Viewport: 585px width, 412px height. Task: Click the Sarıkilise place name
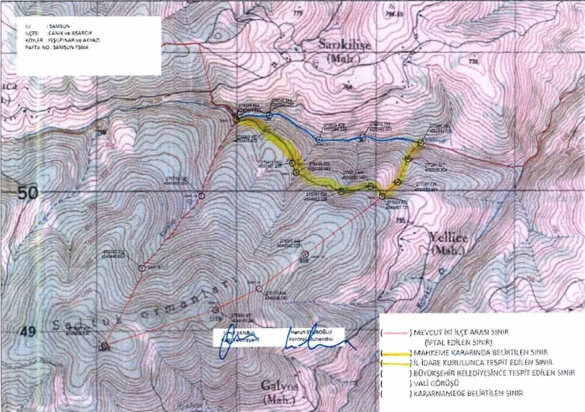[x=344, y=45]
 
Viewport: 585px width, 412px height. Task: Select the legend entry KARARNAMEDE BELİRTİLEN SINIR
[x=468, y=393]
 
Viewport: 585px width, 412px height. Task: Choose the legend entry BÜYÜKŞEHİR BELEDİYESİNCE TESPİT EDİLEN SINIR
[x=494, y=373]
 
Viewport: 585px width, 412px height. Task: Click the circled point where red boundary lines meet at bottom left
[x=105, y=345]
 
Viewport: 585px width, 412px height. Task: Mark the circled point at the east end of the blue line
[x=420, y=143]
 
